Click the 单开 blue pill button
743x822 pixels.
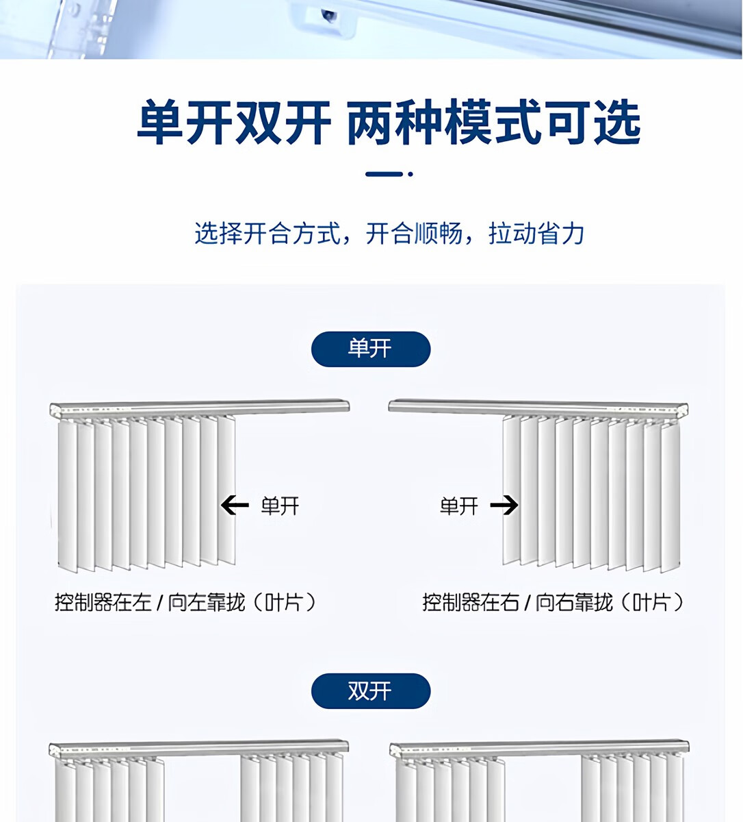(370, 349)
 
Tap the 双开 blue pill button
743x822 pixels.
(370, 690)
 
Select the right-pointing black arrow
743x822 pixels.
(504, 506)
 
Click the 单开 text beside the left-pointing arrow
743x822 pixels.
(280, 506)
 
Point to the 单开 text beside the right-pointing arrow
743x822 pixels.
(458, 506)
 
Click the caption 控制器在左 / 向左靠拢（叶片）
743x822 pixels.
(186, 603)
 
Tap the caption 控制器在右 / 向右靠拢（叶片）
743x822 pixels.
(553, 603)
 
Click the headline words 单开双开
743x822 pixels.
(234, 123)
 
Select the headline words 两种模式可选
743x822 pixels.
(493, 123)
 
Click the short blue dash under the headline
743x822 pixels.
(384, 174)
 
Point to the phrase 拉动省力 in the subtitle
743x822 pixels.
(536, 234)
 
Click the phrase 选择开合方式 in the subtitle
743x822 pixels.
(268, 234)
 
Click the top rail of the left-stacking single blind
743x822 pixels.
(200, 408)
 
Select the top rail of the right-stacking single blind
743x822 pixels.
(538, 408)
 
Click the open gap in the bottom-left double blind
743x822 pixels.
(202, 788)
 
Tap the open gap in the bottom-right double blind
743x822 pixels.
(543, 788)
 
